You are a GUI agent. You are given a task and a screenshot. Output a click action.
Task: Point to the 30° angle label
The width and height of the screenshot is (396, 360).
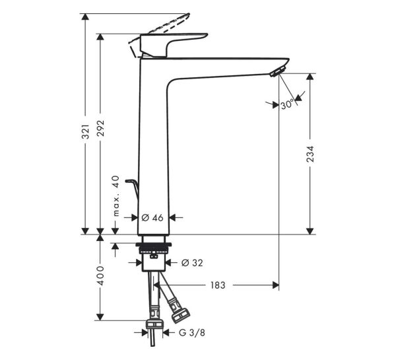(286, 104)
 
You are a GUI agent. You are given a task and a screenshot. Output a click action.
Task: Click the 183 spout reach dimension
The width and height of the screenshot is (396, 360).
(218, 285)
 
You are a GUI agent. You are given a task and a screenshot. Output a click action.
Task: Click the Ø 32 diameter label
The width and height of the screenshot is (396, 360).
(191, 263)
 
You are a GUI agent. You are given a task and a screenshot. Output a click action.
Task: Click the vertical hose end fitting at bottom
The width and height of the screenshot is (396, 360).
(154, 325)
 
